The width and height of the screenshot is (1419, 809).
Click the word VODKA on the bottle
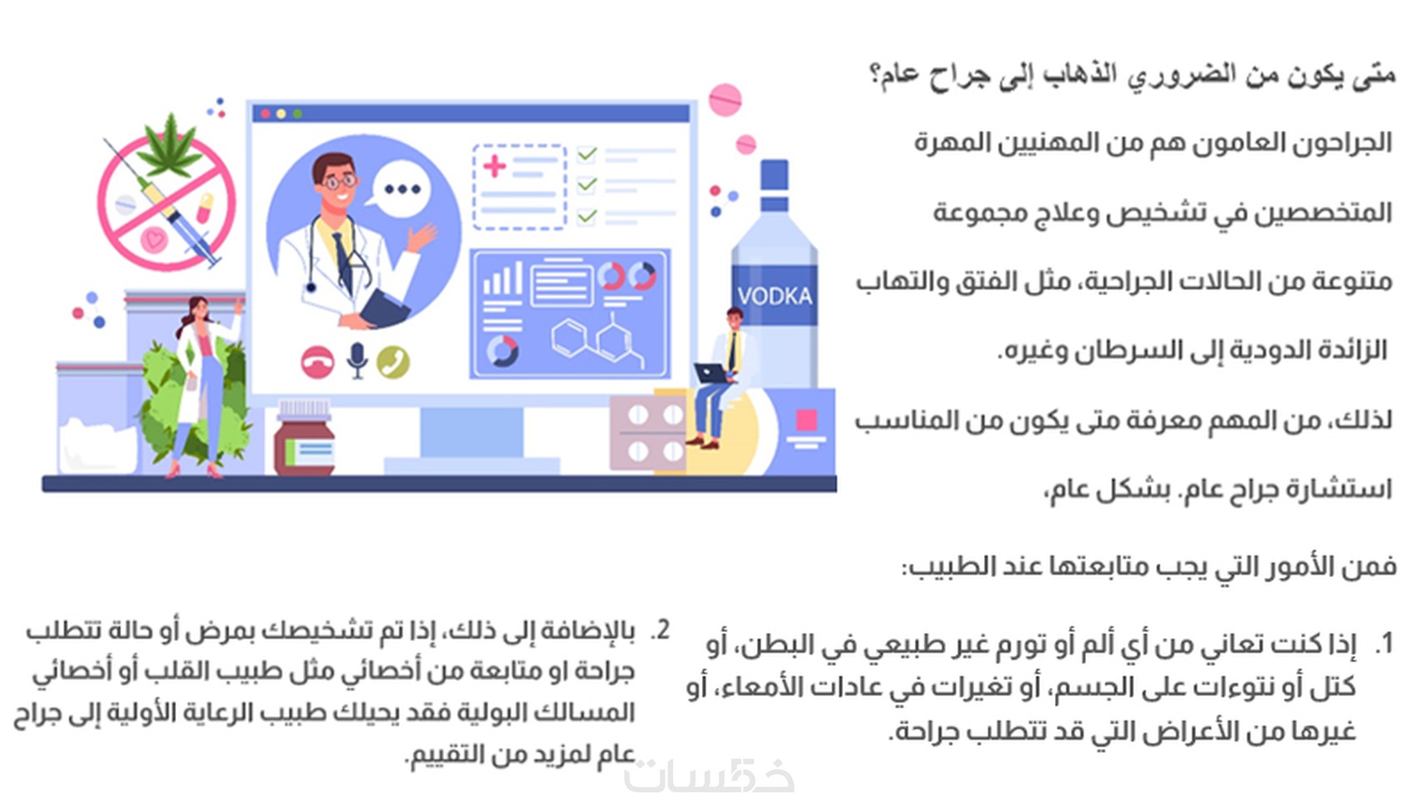tap(774, 296)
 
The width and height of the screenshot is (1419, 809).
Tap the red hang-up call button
tap(317, 362)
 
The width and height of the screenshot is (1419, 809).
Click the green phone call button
tap(393, 362)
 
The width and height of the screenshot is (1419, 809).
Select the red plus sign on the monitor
tap(494, 167)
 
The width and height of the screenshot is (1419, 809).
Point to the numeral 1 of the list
tap(1386, 643)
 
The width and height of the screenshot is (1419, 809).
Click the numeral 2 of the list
tap(660, 630)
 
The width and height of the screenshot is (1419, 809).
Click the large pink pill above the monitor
tap(725, 100)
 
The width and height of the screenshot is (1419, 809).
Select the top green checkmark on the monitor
tap(587, 153)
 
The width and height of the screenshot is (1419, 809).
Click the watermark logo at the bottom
tap(709, 776)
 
